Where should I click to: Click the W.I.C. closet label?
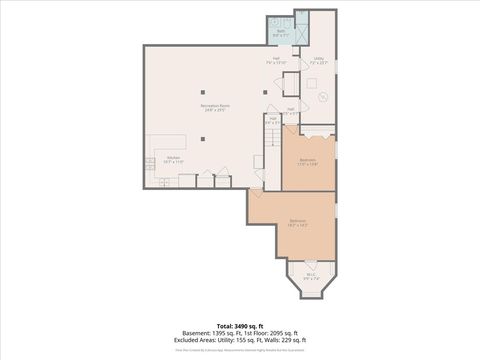[311, 277]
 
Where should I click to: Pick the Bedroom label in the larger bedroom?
[298, 221]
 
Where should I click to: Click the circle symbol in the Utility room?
[323, 97]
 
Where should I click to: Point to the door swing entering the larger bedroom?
[258, 190]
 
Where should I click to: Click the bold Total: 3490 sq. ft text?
[239, 326]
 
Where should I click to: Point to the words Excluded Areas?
[200, 340]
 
